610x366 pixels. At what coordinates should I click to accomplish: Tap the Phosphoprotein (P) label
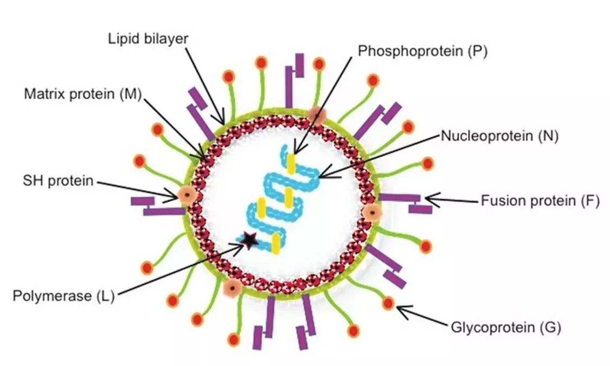point(423,52)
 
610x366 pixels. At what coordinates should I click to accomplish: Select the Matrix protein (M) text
point(82,94)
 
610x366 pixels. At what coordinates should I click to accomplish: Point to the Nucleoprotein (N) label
point(499,136)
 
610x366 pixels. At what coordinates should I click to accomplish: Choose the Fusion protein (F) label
point(540,201)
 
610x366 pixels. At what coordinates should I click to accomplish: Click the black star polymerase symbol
point(249,239)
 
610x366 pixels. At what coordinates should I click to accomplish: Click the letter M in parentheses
point(129,94)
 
